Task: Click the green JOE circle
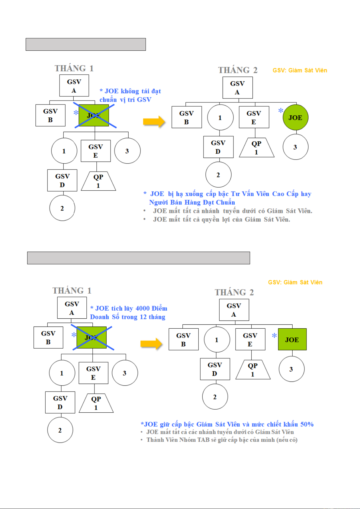tap(295, 118)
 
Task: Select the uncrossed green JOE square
tap(292, 339)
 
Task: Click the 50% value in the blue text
tap(307, 424)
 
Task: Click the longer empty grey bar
tap(139, 258)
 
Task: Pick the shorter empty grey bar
tap(86, 44)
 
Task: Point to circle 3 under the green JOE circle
tap(295, 147)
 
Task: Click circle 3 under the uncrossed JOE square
tap(292, 369)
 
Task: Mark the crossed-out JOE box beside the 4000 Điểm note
tap(92, 338)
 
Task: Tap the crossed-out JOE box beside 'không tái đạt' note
tap(94, 115)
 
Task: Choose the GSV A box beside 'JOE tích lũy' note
tap(72, 308)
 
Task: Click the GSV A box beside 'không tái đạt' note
tap(74, 85)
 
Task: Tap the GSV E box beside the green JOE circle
tap(254, 117)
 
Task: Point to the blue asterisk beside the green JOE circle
tap(281, 111)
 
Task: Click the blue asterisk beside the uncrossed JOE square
tap(274, 335)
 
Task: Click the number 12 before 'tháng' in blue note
tap(143, 317)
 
